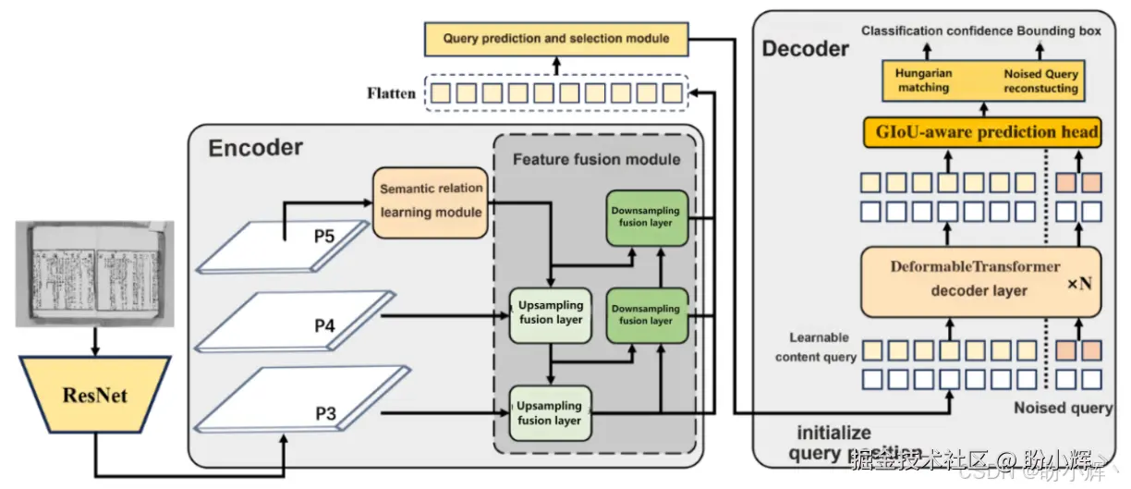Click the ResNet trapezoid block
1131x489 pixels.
click(x=94, y=396)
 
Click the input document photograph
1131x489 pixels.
click(x=94, y=274)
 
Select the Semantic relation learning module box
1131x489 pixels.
click(x=431, y=200)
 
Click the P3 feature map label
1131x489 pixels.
click(x=325, y=413)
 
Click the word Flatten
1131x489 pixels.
click(x=391, y=93)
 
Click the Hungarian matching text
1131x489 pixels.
click(x=923, y=80)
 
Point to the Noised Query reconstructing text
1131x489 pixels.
click(x=1040, y=80)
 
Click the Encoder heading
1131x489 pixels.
click(x=255, y=148)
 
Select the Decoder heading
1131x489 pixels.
click(x=805, y=48)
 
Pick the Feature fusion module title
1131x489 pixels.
click(x=596, y=159)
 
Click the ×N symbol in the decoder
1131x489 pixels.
click(x=1079, y=284)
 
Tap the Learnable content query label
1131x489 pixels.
click(x=816, y=348)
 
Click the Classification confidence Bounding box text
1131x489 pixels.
click(x=981, y=31)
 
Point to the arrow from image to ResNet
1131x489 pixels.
click(x=94, y=342)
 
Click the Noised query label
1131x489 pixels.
click(x=1063, y=408)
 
